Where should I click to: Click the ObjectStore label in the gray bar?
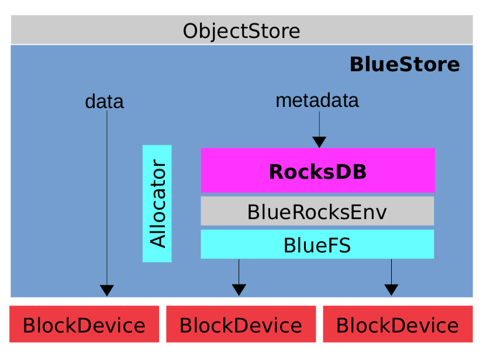241,30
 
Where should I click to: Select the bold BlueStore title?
404,64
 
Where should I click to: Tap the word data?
104,102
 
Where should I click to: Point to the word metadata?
317,101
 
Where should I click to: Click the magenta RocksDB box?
318,171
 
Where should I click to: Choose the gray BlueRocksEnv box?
318,212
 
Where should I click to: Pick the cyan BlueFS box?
318,244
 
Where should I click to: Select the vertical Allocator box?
157,203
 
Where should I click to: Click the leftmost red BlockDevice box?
84,324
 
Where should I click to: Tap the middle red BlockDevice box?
241,324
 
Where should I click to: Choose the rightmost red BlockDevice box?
398,324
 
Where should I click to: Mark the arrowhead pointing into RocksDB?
319,142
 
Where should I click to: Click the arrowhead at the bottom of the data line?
107,290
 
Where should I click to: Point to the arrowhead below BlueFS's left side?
239,289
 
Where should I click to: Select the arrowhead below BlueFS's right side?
391,289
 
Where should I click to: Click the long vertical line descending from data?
107,199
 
